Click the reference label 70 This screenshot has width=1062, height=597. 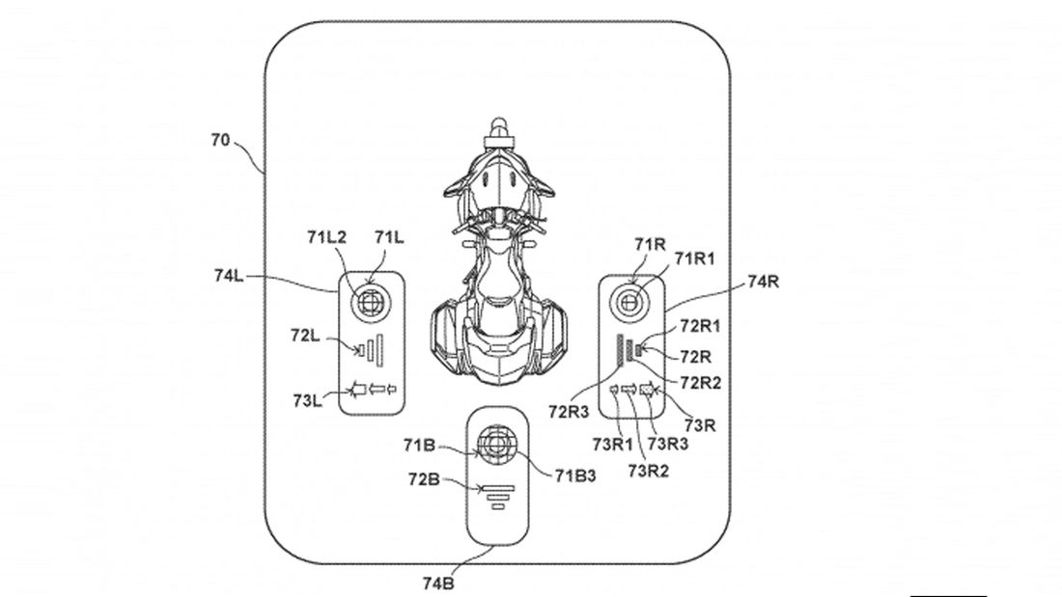point(221,141)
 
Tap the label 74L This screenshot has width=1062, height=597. point(229,276)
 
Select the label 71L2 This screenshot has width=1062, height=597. point(326,237)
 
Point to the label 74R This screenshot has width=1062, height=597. point(764,282)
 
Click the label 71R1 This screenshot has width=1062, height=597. point(695,258)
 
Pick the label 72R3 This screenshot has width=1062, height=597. point(569,411)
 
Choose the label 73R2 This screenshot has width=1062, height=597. point(648,471)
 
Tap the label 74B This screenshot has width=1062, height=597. point(438,583)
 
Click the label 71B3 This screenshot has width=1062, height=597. point(575,475)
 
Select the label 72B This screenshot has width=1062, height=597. point(424,479)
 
